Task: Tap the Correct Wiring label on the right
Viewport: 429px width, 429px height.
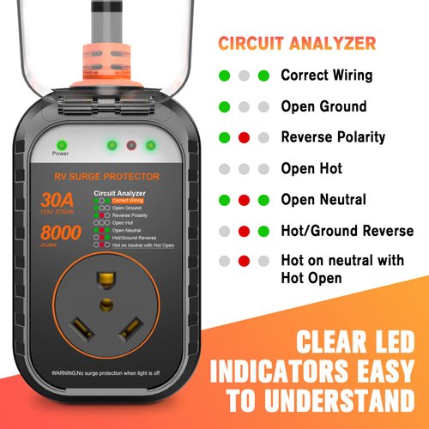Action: pyautogui.click(x=326, y=76)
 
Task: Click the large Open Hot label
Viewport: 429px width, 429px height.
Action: pyautogui.click(x=311, y=169)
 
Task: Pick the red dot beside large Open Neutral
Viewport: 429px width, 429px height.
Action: pyautogui.click(x=244, y=200)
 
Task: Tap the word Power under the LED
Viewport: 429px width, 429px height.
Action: pyautogui.click(x=60, y=155)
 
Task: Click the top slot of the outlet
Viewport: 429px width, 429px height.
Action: pyautogui.click(x=107, y=279)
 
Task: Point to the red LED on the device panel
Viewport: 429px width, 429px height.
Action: pyautogui.click(x=131, y=145)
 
